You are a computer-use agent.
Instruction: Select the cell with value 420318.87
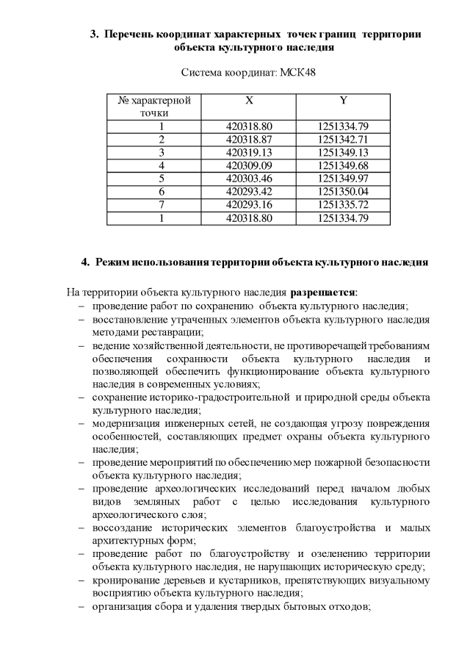(x=250, y=139)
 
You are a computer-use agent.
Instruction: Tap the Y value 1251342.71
(x=343, y=139)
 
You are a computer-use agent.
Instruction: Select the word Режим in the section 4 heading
(x=115, y=262)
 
